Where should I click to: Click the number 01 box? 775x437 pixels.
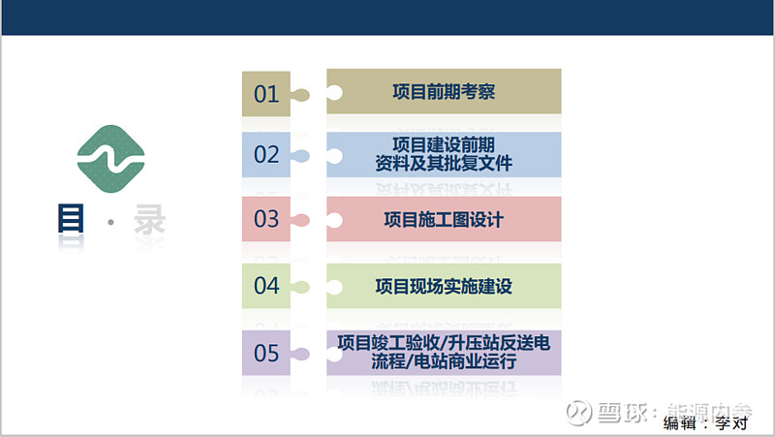pos(265,93)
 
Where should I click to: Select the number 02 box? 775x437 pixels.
pos(265,154)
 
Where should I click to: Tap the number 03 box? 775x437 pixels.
pos(265,219)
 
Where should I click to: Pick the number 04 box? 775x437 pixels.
pos(265,286)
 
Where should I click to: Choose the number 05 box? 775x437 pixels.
pos(265,353)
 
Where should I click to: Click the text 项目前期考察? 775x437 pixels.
pos(444,91)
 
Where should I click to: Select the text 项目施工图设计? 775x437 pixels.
pos(444,220)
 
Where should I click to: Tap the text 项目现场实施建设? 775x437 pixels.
pos(444,286)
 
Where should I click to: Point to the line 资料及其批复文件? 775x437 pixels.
pos(444,163)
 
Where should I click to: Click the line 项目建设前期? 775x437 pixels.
pos(444,144)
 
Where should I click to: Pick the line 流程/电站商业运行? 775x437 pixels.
pos(444,361)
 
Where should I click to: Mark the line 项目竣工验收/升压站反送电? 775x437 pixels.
pos(444,343)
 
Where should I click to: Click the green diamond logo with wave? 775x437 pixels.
pos(111,159)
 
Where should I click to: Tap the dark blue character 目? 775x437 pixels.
pos(71,218)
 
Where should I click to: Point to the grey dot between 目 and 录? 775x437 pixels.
pos(110,223)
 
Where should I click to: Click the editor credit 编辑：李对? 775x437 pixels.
pos(705,423)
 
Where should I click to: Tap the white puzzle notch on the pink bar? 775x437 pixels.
pos(334,220)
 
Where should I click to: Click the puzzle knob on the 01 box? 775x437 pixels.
pos(301,94)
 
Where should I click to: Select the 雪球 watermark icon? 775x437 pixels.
pos(578,412)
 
